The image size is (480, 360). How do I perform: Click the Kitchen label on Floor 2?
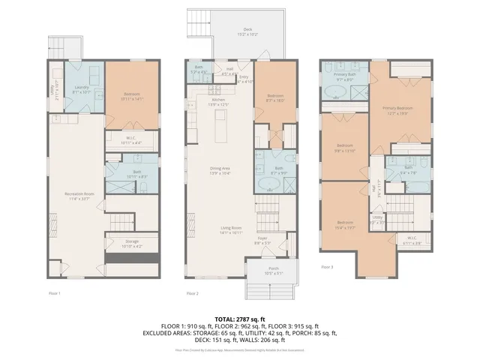coord(218,101)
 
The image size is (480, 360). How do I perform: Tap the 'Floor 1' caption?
coord(54,293)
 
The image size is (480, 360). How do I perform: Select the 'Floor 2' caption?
coord(192,293)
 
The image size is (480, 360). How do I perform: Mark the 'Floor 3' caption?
coord(327,267)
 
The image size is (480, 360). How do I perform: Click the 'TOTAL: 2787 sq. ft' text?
coord(240,319)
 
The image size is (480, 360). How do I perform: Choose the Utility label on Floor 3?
coord(377,220)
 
